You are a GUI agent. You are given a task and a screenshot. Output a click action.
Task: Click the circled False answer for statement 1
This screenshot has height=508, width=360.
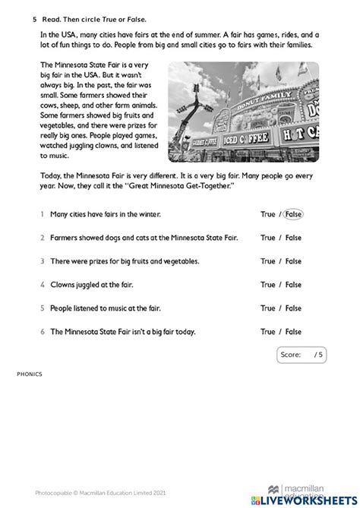[293, 214]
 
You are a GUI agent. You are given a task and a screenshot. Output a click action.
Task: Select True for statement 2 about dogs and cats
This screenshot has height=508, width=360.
[267, 238]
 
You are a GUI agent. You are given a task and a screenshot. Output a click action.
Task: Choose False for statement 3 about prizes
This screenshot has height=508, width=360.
[293, 261]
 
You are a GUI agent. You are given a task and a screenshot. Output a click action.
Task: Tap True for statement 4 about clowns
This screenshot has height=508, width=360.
[267, 285]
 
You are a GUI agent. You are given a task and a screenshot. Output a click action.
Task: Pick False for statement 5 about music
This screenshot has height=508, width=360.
[293, 308]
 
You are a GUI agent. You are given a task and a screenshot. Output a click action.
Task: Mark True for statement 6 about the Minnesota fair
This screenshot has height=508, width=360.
[267, 332]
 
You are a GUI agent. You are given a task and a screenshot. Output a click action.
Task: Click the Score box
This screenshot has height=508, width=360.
[302, 355]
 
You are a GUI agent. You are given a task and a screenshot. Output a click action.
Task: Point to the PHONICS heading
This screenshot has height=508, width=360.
[30, 374]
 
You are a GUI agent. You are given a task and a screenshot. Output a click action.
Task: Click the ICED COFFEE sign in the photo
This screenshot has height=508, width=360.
[246, 139]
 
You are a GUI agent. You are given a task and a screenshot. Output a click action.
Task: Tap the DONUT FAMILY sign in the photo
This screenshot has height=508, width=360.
[264, 101]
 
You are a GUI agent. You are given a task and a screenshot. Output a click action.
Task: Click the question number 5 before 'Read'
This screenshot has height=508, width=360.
[34, 20]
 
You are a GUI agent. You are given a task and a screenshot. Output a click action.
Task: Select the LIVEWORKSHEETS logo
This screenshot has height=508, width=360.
[305, 500]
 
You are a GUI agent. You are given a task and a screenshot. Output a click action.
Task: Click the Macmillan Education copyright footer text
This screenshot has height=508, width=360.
[100, 493]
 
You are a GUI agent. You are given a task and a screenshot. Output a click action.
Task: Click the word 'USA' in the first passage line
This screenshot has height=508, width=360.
[68, 35]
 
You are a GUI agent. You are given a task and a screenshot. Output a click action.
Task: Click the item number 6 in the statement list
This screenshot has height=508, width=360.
[43, 332]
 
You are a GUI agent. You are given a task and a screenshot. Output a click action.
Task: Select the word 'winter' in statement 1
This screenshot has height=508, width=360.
[150, 214]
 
